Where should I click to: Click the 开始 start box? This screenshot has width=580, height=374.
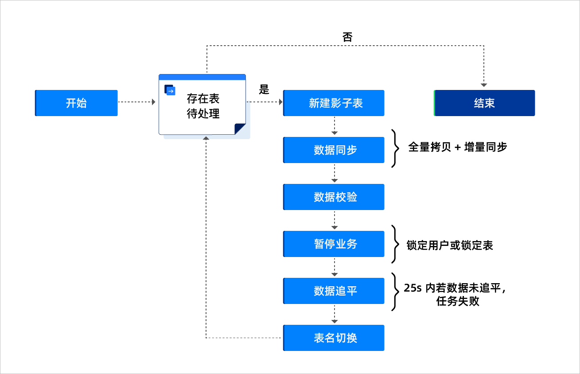click(x=76, y=103)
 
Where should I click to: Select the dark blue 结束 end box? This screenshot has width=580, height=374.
click(x=484, y=103)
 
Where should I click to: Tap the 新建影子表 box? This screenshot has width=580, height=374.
click(x=334, y=103)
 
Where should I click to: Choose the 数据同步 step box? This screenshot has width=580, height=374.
click(x=334, y=150)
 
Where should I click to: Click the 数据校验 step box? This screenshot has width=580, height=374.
click(x=334, y=197)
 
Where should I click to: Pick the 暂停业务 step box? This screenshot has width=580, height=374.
click(x=334, y=244)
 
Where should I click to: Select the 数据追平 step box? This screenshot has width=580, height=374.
click(x=334, y=291)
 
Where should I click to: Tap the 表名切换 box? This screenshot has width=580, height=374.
click(x=334, y=338)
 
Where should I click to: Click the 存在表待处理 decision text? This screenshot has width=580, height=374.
click(x=203, y=106)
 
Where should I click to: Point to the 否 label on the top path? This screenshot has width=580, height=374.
click(x=347, y=37)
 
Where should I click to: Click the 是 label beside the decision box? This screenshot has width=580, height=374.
click(x=264, y=90)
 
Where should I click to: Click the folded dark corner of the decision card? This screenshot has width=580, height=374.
click(x=240, y=129)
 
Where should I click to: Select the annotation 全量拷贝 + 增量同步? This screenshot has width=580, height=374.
click(x=458, y=147)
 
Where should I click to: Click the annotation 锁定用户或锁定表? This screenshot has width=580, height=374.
click(x=450, y=245)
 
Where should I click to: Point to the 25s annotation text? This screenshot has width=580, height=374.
click(x=455, y=295)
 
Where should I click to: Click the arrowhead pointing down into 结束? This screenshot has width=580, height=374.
click(x=484, y=85)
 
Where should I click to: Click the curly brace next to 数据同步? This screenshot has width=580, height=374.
click(x=395, y=148)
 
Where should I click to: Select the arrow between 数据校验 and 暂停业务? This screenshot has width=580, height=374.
click(x=335, y=220)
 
